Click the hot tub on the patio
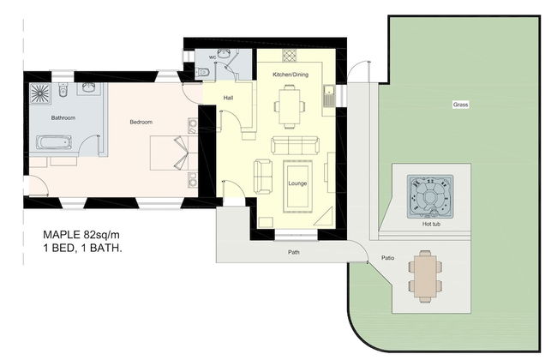[x=430, y=196]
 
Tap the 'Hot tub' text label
[x=431, y=224]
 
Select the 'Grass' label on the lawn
[x=460, y=105]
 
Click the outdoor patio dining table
[x=425, y=277]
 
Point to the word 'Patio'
[x=387, y=258]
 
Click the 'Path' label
[x=293, y=252]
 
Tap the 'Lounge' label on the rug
[x=297, y=183]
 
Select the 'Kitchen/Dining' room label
[x=290, y=75]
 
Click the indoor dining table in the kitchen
[x=289, y=106]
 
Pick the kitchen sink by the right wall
[x=329, y=96]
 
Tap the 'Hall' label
[x=229, y=98]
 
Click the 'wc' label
[x=213, y=57]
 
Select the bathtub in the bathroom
[x=54, y=143]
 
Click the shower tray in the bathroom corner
[x=39, y=93]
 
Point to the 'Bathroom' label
[x=63, y=117]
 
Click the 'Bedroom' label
[x=141, y=122]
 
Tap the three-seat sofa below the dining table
[x=295, y=146]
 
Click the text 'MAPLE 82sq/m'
[x=81, y=235]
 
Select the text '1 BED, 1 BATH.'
[x=82, y=248]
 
